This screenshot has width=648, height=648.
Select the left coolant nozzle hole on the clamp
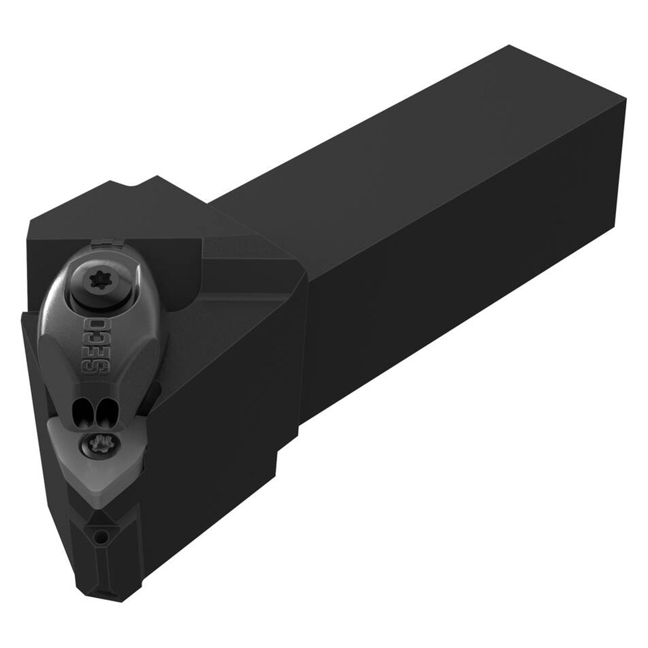pyautogui.click(x=82, y=410)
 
